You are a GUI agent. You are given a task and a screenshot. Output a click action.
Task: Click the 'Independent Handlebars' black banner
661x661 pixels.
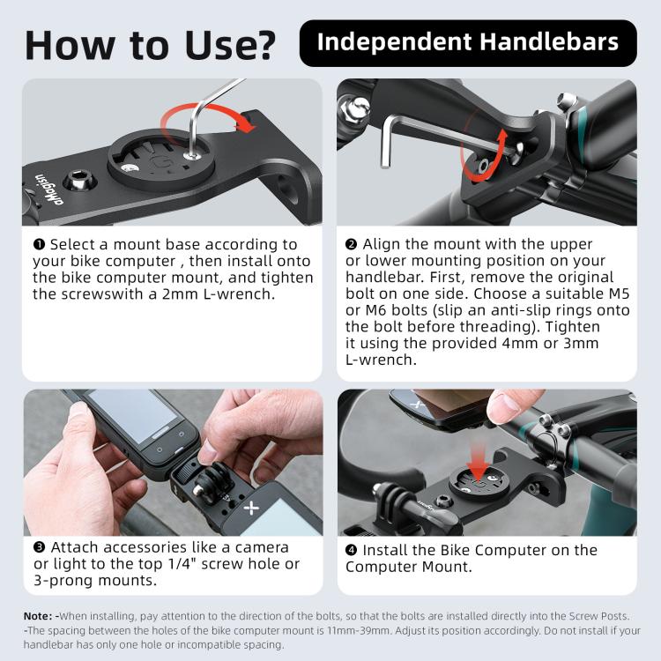coord(468,43)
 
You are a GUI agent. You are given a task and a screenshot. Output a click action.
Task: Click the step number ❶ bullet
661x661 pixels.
coord(39,244)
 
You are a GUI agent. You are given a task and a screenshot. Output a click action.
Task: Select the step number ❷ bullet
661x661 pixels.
coord(351,244)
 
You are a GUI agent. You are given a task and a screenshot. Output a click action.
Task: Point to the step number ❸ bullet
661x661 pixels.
coord(39,547)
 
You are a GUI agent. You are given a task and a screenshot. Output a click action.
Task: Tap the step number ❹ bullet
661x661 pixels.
coord(351,550)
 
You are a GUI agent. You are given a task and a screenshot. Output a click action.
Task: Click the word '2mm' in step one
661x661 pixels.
coord(180,293)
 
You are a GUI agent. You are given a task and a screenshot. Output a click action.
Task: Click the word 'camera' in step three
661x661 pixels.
coord(262,547)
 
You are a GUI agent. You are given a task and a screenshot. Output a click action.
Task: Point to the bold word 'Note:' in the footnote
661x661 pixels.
coord(38,616)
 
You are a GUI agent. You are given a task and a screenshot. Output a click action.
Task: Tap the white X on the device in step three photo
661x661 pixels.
coord(252,508)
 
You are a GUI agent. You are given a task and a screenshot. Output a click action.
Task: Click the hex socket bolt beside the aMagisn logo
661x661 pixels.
coord(79,182)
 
